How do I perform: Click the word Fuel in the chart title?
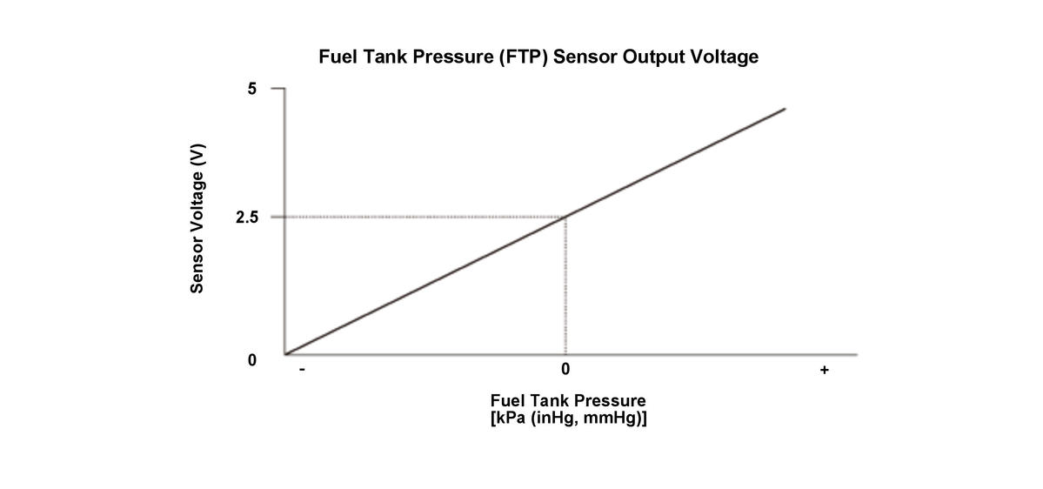pyautogui.click(x=338, y=57)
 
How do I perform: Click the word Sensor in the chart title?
pyautogui.click(x=570, y=57)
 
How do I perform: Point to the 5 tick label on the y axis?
pyautogui.click(x=252, y=89)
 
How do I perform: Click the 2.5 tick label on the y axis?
pyautogui.click(x=247, y=217)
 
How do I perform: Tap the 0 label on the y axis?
pyautogui.click(x=252, y=359)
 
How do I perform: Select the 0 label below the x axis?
pyautogui.click(x=565, y=370)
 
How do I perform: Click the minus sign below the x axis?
pyautogui.click(x=301, y=371)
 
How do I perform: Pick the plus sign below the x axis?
pyautogui.click(x=824, y=371)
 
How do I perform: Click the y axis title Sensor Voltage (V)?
pyautogui.click(x=198, y=218)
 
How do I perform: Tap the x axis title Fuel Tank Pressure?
pyautogui.click(x=568, y=401)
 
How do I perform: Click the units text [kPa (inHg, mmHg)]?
pyautogui.click(x=568, y=418)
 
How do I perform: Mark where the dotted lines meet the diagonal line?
pyautogui.click(x=566, y=217)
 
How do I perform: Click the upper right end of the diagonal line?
pyautogui.click(x=785, y=109)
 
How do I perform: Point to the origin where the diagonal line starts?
pyautogui.click(x=285, y=354)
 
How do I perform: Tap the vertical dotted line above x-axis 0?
pyautogui.click(x=566, y=287)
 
